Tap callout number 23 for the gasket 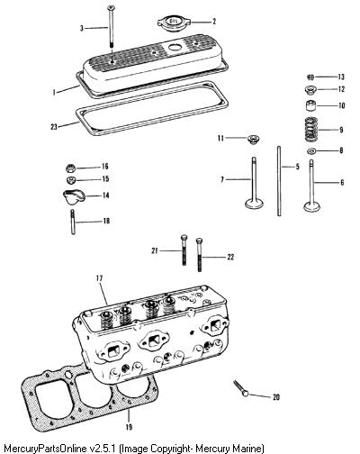54,127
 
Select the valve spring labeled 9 311,130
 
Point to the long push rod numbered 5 279,181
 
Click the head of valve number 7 255,204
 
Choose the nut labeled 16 70,168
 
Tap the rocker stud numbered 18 73,222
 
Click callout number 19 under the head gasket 129,427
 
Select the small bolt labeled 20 240,388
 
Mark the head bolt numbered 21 184,250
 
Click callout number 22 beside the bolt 230,257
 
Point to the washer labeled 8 311,151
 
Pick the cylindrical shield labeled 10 311,105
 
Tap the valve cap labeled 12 310,89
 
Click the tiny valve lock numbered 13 310,77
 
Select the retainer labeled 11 254,140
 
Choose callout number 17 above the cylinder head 99,278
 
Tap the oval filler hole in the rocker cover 174,47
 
